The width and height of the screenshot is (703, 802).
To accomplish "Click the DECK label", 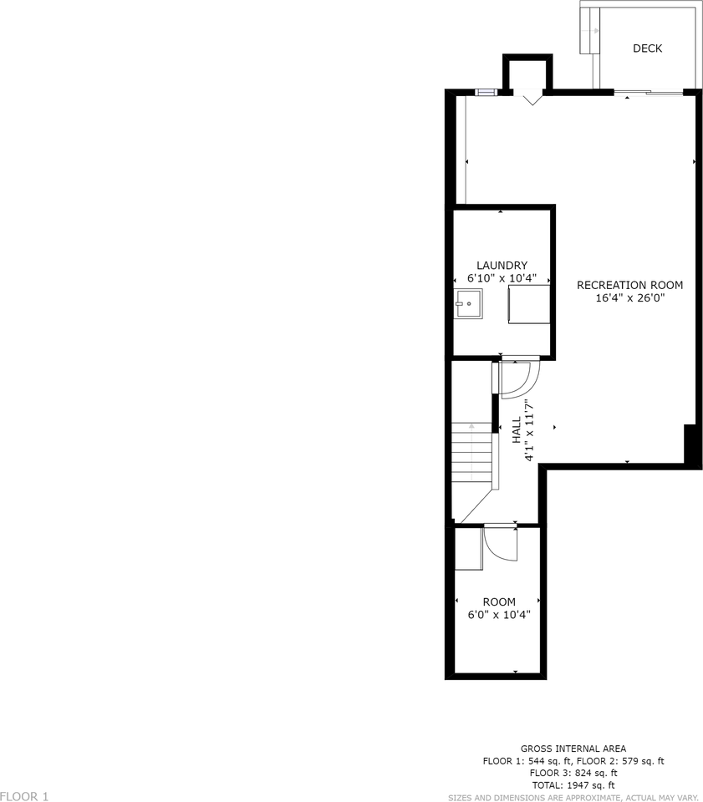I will pos(647,48).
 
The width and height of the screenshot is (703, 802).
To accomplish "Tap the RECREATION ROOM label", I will pos(629,285).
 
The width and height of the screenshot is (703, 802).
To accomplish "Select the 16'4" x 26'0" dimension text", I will pos(629,297).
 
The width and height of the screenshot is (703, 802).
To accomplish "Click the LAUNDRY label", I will pos(502,266).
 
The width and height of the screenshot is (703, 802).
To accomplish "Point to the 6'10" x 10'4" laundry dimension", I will pos(502,278).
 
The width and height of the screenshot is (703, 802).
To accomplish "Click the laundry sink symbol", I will pos(469,304).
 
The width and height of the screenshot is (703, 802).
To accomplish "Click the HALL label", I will pos(517,431).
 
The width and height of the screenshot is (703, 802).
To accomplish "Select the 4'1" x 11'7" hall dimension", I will pos(529,431).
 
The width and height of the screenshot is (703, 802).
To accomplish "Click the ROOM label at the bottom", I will pos(499,601).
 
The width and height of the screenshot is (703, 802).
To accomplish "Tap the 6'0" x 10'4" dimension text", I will pos(499,615).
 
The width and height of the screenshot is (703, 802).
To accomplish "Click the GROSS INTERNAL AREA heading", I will pos(573,749).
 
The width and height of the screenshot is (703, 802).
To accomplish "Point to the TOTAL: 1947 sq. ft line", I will pos(573,785).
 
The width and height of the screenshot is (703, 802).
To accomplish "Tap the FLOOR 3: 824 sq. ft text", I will pos(573,773).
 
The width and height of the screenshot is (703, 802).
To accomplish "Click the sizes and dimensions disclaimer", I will pos(573,797).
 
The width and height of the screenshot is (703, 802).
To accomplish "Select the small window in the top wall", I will pos(484,92).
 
